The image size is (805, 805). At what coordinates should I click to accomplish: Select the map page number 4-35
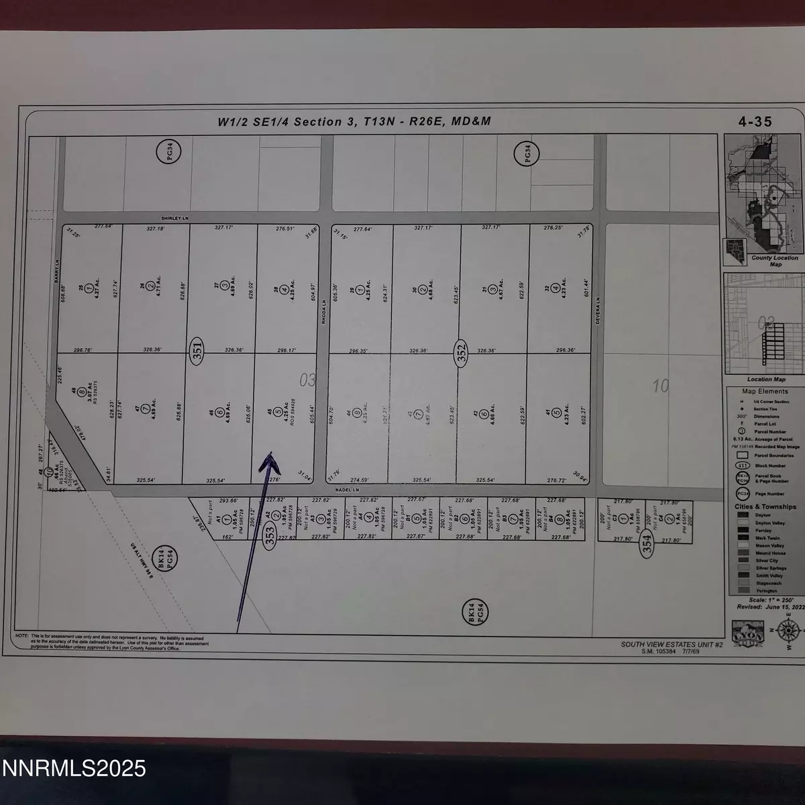[x=755, y=121]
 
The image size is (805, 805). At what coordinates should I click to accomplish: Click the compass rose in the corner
[x=789, y=633]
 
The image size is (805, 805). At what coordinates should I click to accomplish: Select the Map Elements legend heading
[x=764, y=391]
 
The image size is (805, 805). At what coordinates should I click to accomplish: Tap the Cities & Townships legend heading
[x=765, y=506]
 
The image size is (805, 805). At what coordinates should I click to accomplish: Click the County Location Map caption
[x=774, y=260]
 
